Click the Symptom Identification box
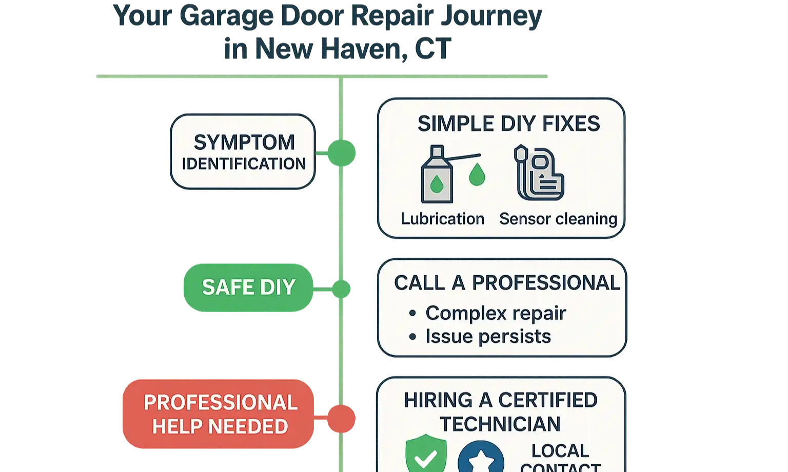(x=242, y=152)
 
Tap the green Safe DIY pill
(x=248, y=288)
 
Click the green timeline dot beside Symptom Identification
(x=341, y=153)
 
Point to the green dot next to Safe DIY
(x=341, y=289)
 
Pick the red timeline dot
(x=341, y=418)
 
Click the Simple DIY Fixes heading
(x=508, y=124)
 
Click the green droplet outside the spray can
(x=477, y=174)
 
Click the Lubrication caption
(x=442, y=219)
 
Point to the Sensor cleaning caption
(x=558, y=219)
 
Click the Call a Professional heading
(x=507, y=283)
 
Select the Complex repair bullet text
(x=496, y=313)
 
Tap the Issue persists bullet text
(x=488, y=337)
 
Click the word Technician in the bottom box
(x=500, y=424)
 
